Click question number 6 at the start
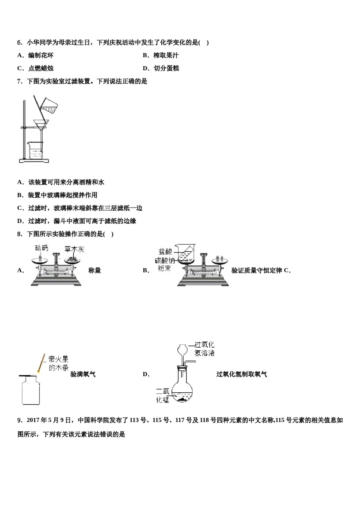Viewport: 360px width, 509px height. [20, 42]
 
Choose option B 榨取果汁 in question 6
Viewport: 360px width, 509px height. [161, 55]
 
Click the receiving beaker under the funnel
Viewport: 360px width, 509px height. [35, 151]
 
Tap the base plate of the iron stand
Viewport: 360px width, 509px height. [34, 161]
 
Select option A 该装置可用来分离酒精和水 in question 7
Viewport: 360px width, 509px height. [61, 182]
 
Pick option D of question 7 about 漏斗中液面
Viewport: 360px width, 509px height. [77, 221]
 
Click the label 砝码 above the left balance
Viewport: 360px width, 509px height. [42, 248]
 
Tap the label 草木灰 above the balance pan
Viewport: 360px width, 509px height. [74, 249]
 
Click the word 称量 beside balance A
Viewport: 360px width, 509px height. [95, 270]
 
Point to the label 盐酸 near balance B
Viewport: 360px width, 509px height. [165, 251]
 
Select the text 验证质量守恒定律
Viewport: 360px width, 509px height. [257, 270]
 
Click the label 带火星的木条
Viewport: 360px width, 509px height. [58, 363]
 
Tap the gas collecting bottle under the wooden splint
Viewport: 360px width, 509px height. [31, 390]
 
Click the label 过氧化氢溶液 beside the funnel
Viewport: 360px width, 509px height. [204, 348]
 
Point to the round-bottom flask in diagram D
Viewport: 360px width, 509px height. [182, 390]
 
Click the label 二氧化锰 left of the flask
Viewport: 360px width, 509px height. [163, 395]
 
